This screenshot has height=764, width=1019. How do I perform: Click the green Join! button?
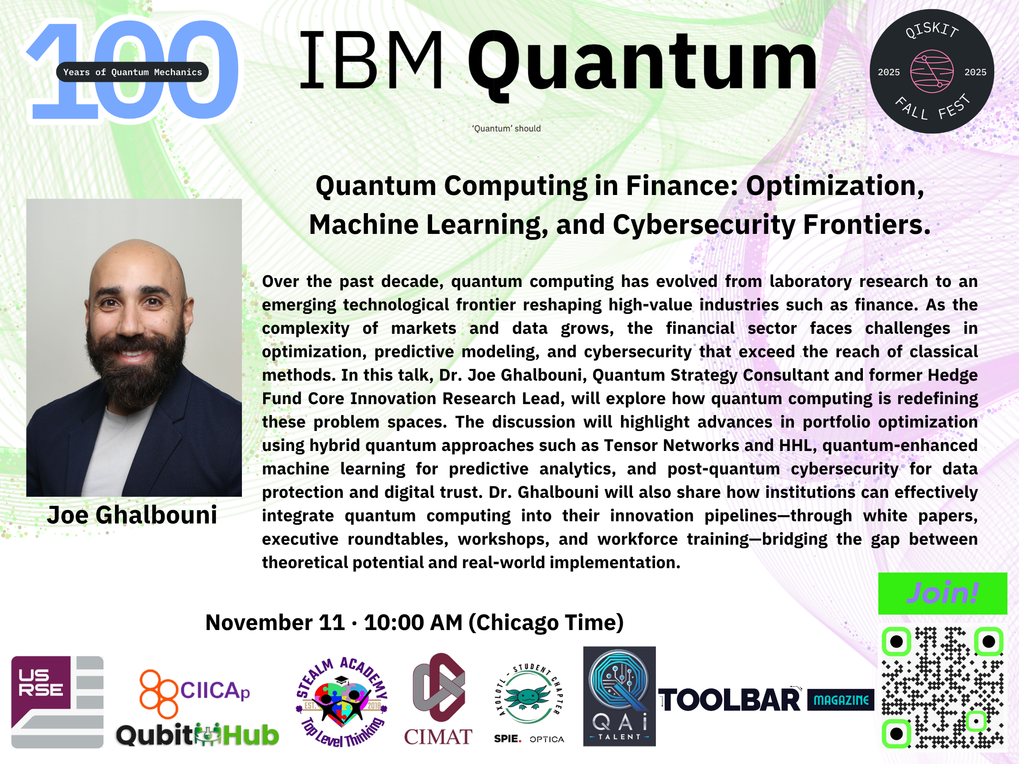pyautogui.click(x=942, y=593)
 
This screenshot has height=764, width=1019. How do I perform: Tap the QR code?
pyautogui.click(x=942, y=688)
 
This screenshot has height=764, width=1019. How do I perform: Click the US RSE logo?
pyautogui.click(x=57, y=702)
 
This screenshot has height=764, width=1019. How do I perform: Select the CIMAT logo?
pyautogui.click(x=438, y=699)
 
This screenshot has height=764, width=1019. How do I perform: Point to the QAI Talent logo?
pyautogui.click(x=619, y=696)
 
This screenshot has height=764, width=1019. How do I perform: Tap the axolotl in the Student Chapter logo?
pyautogui.click(x=529, y=697)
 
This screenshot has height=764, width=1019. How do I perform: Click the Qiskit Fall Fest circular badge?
pyautogui.click(x=931, y=71)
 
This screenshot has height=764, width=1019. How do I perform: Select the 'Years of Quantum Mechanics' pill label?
pyautogui.click(x=132, y=72)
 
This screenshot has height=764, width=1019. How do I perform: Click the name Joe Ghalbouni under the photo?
pyautogui.click(x=132, y=515)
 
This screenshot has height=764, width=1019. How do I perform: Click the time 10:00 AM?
pyautogui.click(x=413, y=623)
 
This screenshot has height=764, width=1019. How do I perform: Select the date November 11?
pyautogui.click(x=275, y=623)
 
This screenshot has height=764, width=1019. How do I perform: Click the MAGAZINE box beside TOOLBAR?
pyautogui.click(x=841, y=700)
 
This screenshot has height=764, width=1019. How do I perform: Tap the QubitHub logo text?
pyautogui.click(x=197, y=735)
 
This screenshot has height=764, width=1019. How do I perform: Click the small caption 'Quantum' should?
pyautogui.click(x=506, y=129)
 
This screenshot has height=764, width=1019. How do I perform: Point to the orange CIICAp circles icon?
pyautogui.click(x=158, y=694)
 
